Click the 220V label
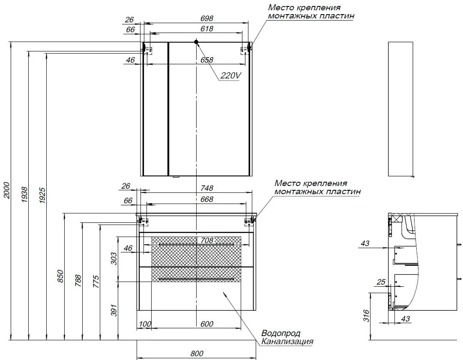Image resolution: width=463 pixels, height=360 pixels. [231, 76]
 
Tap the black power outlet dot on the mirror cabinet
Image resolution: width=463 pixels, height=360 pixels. [196, 42]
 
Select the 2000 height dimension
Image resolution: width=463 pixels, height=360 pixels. [7, 191]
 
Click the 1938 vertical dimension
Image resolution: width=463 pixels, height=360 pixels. [24, 195]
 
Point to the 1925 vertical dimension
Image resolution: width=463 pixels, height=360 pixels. [42, 195]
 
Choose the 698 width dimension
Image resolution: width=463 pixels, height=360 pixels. [207, 18]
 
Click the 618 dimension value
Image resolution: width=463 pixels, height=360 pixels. [207, 29]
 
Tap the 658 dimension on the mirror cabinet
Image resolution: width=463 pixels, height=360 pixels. [207, 60]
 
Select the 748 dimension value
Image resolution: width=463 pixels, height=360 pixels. [207, 188]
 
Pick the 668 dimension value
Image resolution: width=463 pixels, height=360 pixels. [207, 200]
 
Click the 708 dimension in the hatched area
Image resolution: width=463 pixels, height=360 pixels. [207, 240]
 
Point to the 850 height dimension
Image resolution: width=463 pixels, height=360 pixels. [60, 276]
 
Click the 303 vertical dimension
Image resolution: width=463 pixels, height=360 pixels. [114, 258]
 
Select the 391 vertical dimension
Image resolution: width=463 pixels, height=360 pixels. [114, 310]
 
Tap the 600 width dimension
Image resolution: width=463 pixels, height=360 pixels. [207, 324]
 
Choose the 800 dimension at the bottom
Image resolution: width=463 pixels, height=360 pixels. [197, 354]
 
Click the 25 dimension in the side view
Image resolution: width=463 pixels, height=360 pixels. [381, 282]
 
